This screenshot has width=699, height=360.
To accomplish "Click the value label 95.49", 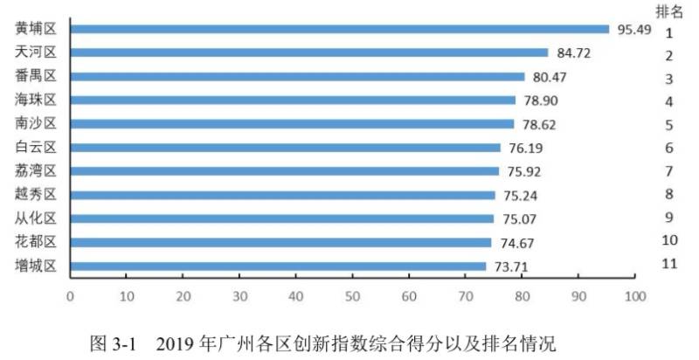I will (635, 30).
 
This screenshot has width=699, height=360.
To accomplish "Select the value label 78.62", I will (540, 125).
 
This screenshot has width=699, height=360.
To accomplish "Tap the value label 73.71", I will (512, 267).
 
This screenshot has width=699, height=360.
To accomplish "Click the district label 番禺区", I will (36, 77).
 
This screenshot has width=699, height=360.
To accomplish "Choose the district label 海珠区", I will (36, 100).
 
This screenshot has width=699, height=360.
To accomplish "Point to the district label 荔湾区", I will (36, 171).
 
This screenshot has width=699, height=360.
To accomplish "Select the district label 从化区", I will (36, 218).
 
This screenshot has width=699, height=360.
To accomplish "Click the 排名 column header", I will (669, 11).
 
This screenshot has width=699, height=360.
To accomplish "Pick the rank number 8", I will (668, 193).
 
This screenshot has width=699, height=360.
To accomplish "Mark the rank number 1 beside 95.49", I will (668, 33).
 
